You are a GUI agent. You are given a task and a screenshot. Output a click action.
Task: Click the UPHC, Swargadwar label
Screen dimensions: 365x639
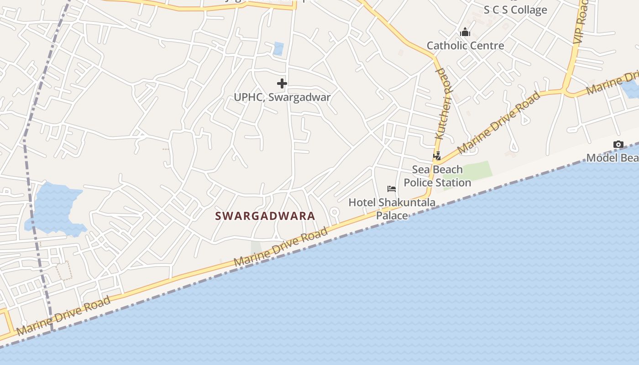[282, 97]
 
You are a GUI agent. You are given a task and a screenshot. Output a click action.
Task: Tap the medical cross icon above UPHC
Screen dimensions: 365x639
[282, 83]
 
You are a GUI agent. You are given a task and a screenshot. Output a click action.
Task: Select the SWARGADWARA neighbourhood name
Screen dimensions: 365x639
[265, 216]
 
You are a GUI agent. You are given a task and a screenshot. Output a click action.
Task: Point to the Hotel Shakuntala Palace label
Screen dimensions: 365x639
[392, 209]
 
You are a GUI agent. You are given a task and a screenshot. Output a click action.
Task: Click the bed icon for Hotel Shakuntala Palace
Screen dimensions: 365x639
[392, 189]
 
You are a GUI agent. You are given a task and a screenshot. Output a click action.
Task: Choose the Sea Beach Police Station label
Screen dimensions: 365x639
[437, 176]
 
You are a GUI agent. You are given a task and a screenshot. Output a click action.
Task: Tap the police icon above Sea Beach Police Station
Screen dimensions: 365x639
[437, 156]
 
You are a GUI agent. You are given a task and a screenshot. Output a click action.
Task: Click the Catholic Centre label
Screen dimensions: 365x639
[465, 46]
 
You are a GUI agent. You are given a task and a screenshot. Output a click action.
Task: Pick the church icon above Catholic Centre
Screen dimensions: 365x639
[465, 32]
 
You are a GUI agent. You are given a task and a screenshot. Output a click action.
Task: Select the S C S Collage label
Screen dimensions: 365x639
[515, 10]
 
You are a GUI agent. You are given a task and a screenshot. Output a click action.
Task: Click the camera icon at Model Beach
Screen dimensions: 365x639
[618, 145]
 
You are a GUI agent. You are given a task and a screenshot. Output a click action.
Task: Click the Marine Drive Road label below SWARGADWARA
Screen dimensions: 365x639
[281, 247]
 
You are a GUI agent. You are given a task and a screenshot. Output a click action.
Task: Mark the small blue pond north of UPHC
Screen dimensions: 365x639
[278, 49]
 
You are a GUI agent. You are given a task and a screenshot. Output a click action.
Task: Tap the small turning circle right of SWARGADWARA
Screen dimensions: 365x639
[335, 212]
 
